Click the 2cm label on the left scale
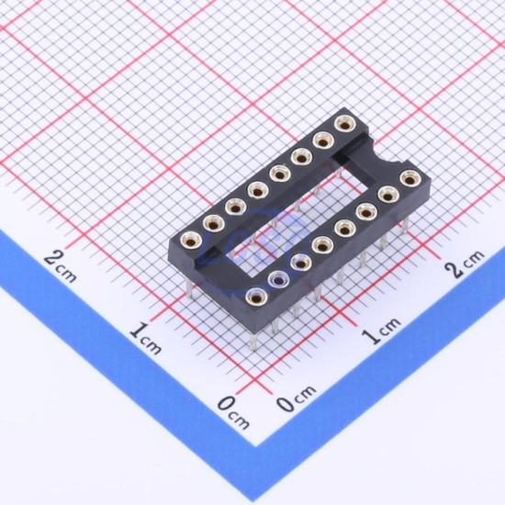(x=61, y=266)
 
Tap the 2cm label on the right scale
(x=464, y=264)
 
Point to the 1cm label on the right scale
(x=381, y=331)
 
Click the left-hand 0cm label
(x=233, y=412)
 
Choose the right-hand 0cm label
(x=297, y=398)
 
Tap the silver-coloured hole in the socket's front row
(x=277, y=279)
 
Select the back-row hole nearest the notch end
(x=345, y=124)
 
